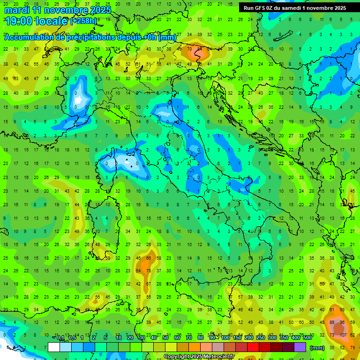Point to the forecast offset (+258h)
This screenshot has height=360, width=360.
coord(83,21)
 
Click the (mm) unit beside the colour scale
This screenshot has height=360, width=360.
coord(317,347)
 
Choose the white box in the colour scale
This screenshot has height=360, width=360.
coord(54,347)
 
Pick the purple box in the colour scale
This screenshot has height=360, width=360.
coord(300,347)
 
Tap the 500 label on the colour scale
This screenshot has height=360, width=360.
coord(307,338)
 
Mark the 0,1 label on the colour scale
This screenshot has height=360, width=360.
coord(60,338)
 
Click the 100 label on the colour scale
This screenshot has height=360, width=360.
coord(226,338)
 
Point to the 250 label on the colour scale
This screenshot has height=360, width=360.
coord(261,338)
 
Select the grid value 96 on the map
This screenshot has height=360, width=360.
coord(342,322)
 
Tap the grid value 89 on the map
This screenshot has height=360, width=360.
coord(332,322)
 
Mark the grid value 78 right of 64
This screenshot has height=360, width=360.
coord(148,270)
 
